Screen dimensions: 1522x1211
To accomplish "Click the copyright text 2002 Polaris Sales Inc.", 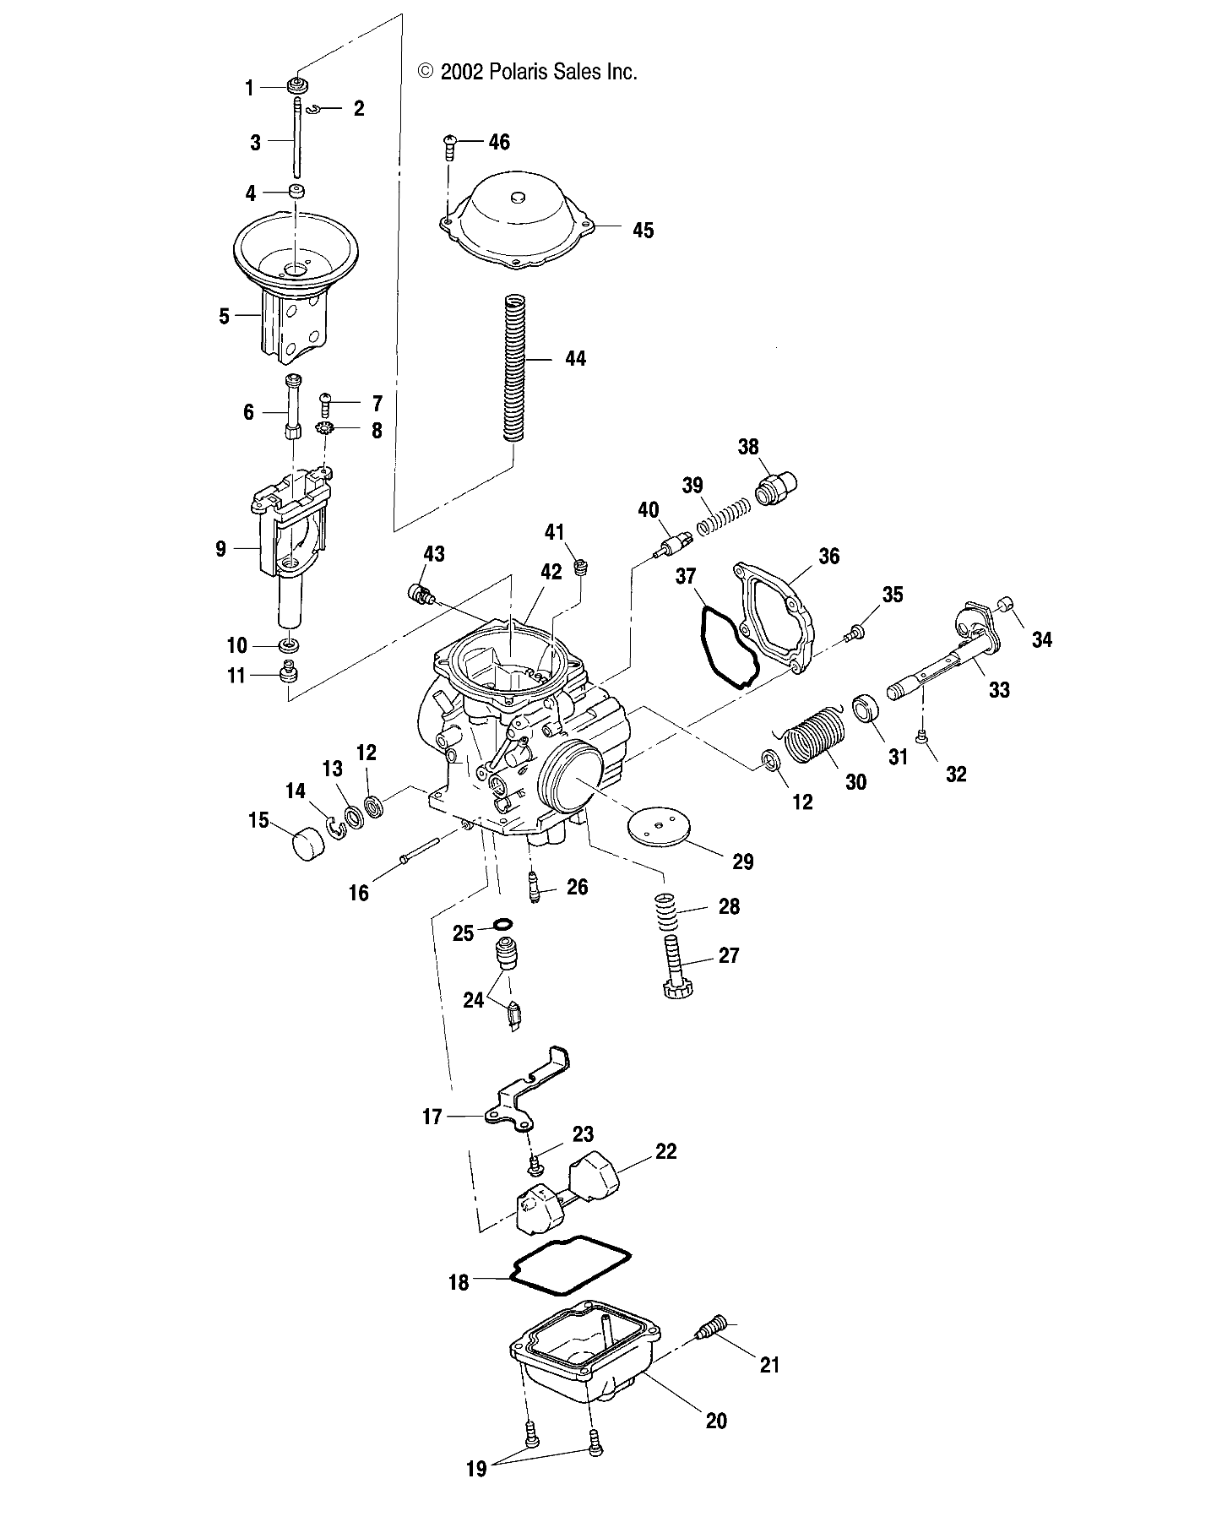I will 528,73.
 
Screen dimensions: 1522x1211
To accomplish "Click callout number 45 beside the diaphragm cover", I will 643,230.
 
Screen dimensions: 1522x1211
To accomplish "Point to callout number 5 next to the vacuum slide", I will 224,317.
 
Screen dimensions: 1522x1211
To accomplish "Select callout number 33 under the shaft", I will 999,690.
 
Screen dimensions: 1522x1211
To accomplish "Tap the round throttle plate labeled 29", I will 664,829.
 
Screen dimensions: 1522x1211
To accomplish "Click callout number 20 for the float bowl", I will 715,1421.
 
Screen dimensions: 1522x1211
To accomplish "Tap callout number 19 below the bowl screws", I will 476,1492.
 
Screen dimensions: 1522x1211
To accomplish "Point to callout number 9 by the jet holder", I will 221,549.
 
